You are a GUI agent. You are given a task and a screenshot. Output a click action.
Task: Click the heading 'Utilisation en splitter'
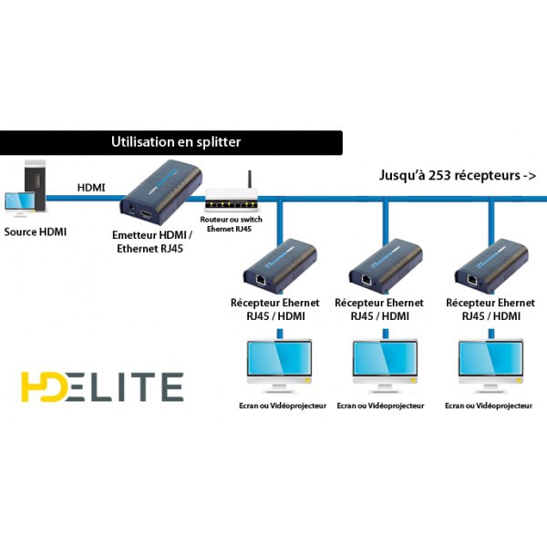coord(176,142)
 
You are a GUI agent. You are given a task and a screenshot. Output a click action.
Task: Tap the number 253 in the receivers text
coord(439,175)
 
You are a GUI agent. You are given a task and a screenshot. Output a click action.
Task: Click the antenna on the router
coord(250,180)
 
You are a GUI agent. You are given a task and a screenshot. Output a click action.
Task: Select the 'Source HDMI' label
coord(36,232)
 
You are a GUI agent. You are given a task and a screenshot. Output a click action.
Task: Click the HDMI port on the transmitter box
coord(146,214)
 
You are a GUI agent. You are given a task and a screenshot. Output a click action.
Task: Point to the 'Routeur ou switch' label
coord(231,220)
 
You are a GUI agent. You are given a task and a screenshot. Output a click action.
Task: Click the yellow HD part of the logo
coord(44,387)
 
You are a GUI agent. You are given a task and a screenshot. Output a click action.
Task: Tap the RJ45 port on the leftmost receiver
coord(261,280)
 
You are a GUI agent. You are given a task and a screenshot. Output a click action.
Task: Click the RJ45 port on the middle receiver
coord(366,280)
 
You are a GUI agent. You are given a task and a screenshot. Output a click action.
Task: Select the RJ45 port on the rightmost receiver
coord(472,280)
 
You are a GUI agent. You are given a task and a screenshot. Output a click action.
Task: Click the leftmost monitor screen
coord(279,358)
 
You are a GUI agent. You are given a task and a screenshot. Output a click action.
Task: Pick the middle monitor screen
coord(385,358)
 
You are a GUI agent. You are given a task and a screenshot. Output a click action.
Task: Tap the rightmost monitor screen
coord(490,358)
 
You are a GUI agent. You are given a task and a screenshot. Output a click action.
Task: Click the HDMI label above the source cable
coord(91,188)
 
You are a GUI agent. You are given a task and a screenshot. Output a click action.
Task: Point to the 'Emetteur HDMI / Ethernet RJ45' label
coord(151,242)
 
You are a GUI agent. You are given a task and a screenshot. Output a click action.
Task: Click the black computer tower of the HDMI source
coord(36,184)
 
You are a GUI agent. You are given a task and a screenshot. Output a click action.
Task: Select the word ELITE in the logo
coord(125,387)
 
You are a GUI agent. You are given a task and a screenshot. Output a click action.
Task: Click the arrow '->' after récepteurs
coord(529,175)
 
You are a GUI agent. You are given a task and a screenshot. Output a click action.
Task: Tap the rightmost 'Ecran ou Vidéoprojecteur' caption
coord(489,406)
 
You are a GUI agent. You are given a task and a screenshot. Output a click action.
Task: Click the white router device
coord(232,200)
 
